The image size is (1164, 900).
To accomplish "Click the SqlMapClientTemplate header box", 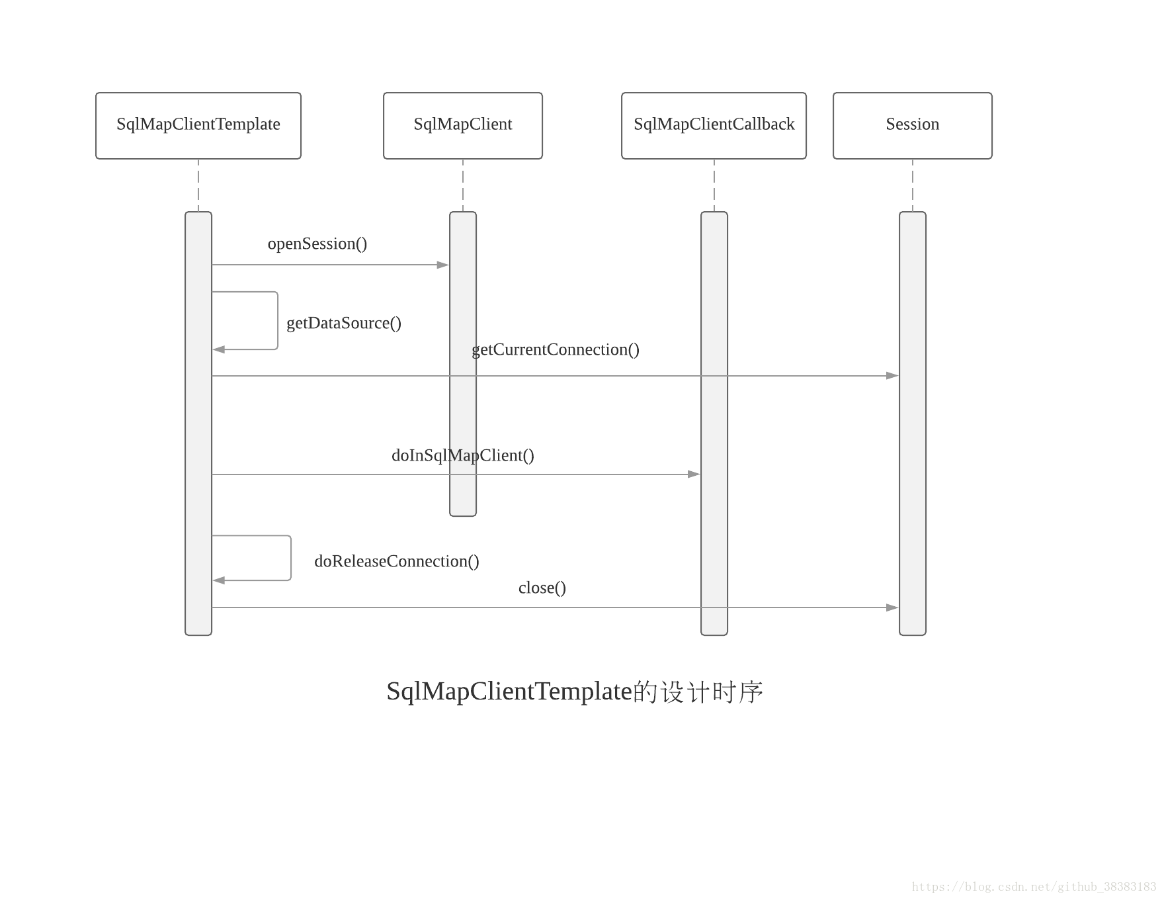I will click(x=198, y=125).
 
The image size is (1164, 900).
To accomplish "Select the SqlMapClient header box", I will click(x=463, y=125).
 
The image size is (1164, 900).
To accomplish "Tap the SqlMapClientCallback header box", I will click(x=714, y=125).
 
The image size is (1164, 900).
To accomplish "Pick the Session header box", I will click(x=912, y=125).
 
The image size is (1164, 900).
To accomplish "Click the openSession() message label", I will click(x=317, y=244).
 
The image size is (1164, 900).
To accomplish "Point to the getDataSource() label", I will click(x=344, y=323).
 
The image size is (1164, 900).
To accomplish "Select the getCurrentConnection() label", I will click(x=556, y=349).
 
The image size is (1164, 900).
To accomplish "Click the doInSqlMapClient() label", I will click(x=463, y=455).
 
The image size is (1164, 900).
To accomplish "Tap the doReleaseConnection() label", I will click(x=397, y=561).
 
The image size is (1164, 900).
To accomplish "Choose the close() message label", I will click(x=542, y=588).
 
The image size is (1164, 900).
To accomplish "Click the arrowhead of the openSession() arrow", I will click(x=443, y=265).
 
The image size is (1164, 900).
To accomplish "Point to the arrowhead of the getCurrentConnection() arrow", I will click(x=892, y=376).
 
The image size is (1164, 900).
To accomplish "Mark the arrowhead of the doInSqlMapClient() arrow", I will click(x=694, y=474).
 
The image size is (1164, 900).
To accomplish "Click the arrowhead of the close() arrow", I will click(x=892, y=607).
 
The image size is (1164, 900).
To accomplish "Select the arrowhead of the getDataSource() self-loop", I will click(x=219, y=349).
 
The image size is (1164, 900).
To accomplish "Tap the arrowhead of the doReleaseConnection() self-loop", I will click(x=219, y=580).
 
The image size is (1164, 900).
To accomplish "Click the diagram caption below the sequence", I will click(x=575, y=692).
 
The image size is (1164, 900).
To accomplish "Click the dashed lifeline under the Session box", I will click(x=913, y=185).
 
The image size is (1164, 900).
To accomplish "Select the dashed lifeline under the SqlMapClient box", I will click(x=463, y=185).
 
